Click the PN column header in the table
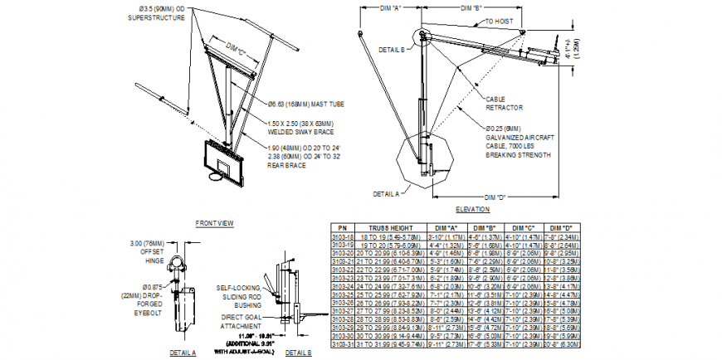(340, 227)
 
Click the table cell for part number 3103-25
(340, 294)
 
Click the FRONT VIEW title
(214, 223)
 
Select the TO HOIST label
(501, 20)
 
